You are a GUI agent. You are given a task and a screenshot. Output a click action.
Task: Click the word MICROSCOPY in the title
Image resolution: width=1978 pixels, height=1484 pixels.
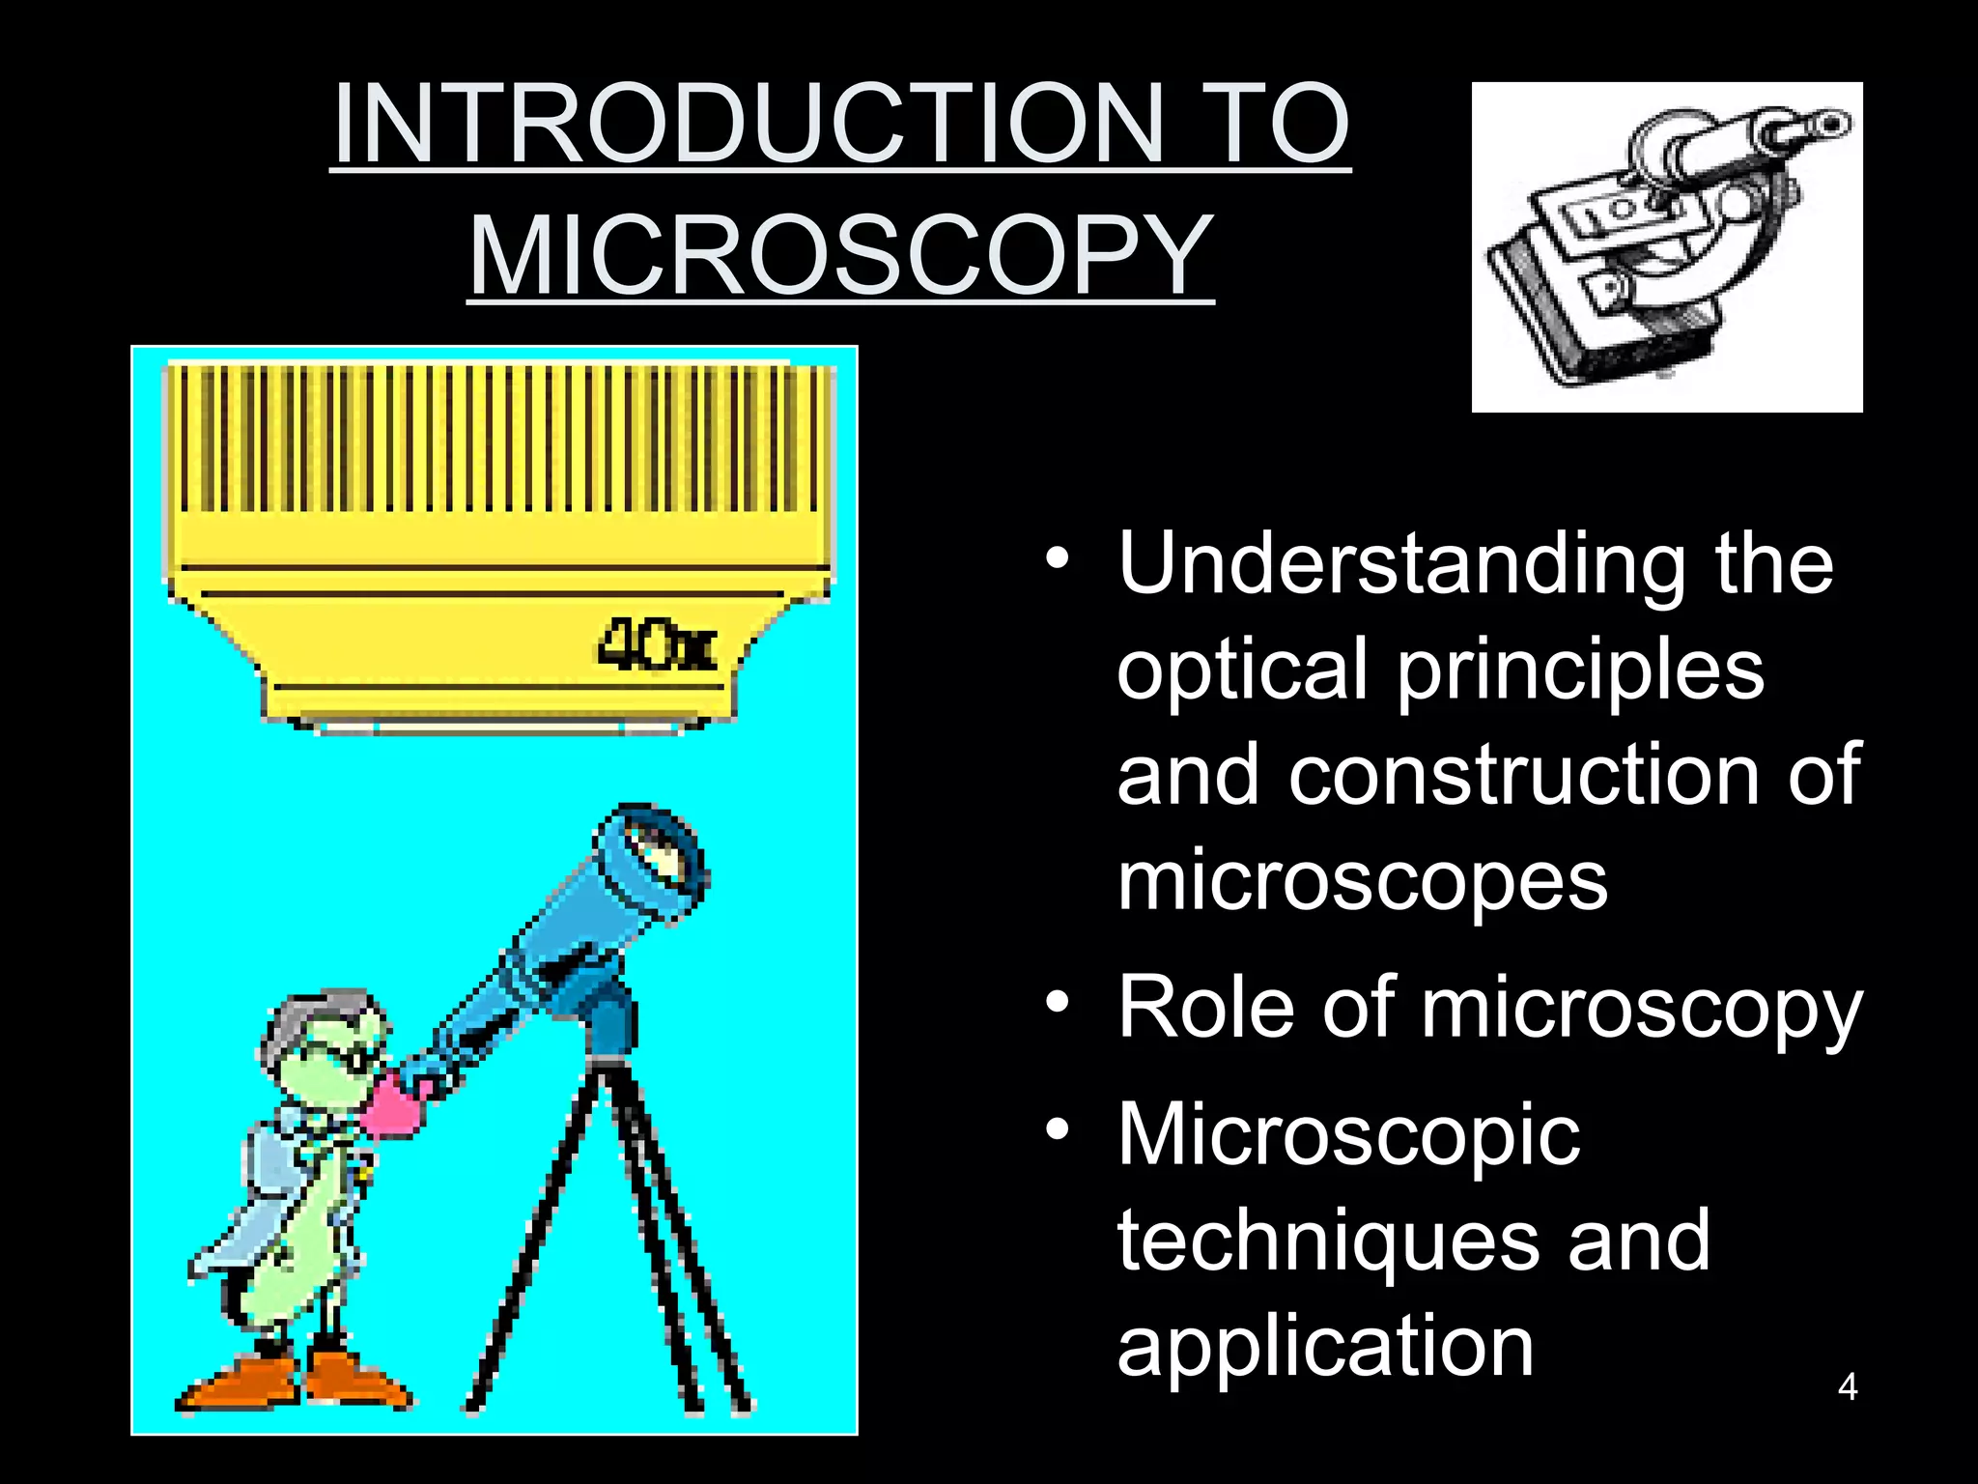840,256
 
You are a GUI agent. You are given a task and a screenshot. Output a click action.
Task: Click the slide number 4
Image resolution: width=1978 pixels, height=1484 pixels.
1847,1387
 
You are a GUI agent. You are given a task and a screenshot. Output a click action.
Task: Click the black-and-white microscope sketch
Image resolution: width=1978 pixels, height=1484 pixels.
1666,247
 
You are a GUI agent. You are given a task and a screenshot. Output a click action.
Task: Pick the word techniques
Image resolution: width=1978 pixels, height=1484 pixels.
1329,1241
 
